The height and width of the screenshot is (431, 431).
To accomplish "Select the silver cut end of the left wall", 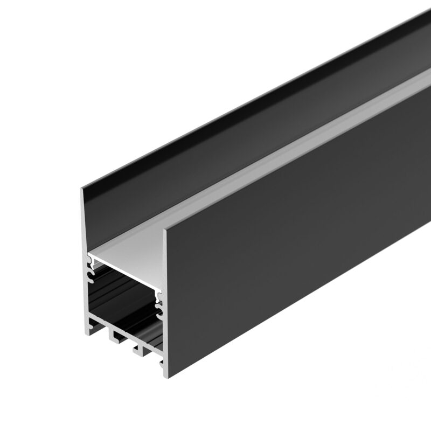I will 84,226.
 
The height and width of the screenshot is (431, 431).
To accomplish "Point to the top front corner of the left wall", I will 82,189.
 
